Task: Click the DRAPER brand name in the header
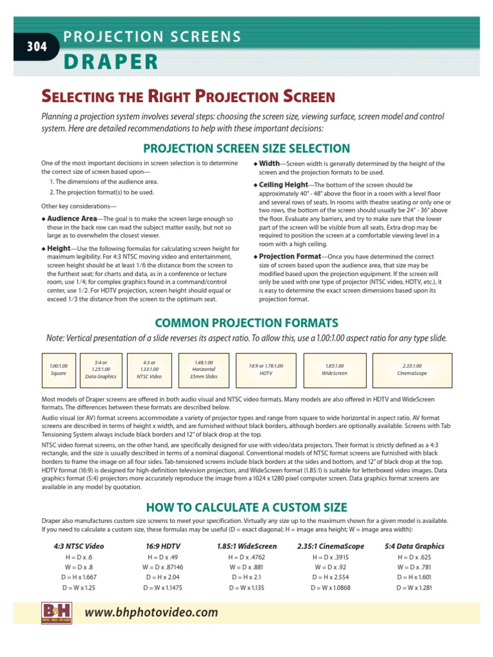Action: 110,62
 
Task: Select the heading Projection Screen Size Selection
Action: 246,148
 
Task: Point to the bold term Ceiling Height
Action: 283,185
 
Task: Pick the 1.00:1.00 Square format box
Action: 58,370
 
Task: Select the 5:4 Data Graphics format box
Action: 100,369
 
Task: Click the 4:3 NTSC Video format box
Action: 149,369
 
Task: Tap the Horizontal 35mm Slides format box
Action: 204,369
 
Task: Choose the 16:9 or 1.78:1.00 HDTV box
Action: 266,369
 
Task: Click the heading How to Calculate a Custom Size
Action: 246,508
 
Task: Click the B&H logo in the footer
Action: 56,613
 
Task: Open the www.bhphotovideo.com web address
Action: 151,613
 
